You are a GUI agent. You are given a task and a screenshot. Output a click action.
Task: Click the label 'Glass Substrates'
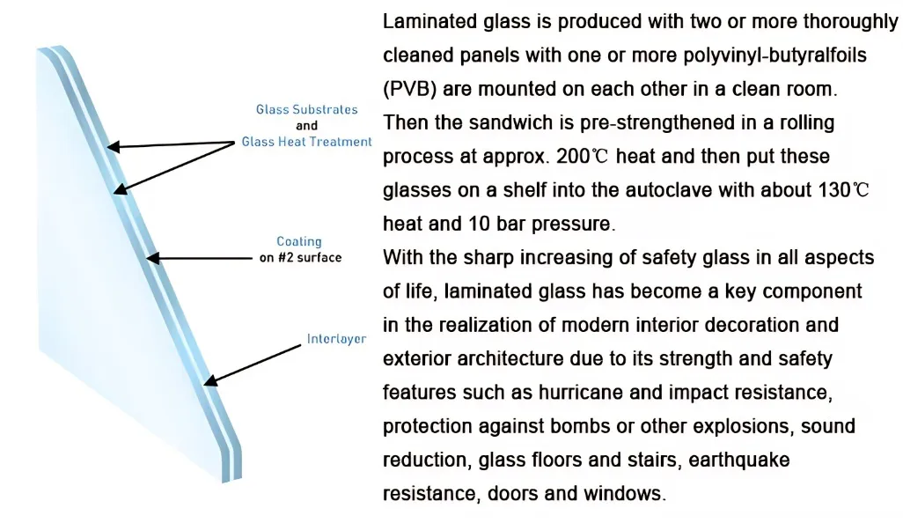[x=306, y=110]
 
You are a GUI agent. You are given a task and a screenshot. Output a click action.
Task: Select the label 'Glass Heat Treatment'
[x=306, y=142]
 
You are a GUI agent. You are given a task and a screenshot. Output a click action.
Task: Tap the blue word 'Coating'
[x=299, y=241]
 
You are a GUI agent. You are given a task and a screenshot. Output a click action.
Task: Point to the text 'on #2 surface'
[x=299, y=258]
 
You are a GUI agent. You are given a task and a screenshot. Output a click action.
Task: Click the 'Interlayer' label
[x=336, y=339]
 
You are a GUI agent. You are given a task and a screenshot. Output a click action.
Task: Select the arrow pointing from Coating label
[x=199, y=258]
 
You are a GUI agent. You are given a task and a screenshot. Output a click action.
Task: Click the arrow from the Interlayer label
[x=254, y=361]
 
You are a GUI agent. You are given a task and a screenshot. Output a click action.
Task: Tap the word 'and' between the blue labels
[x=306, y=126]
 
